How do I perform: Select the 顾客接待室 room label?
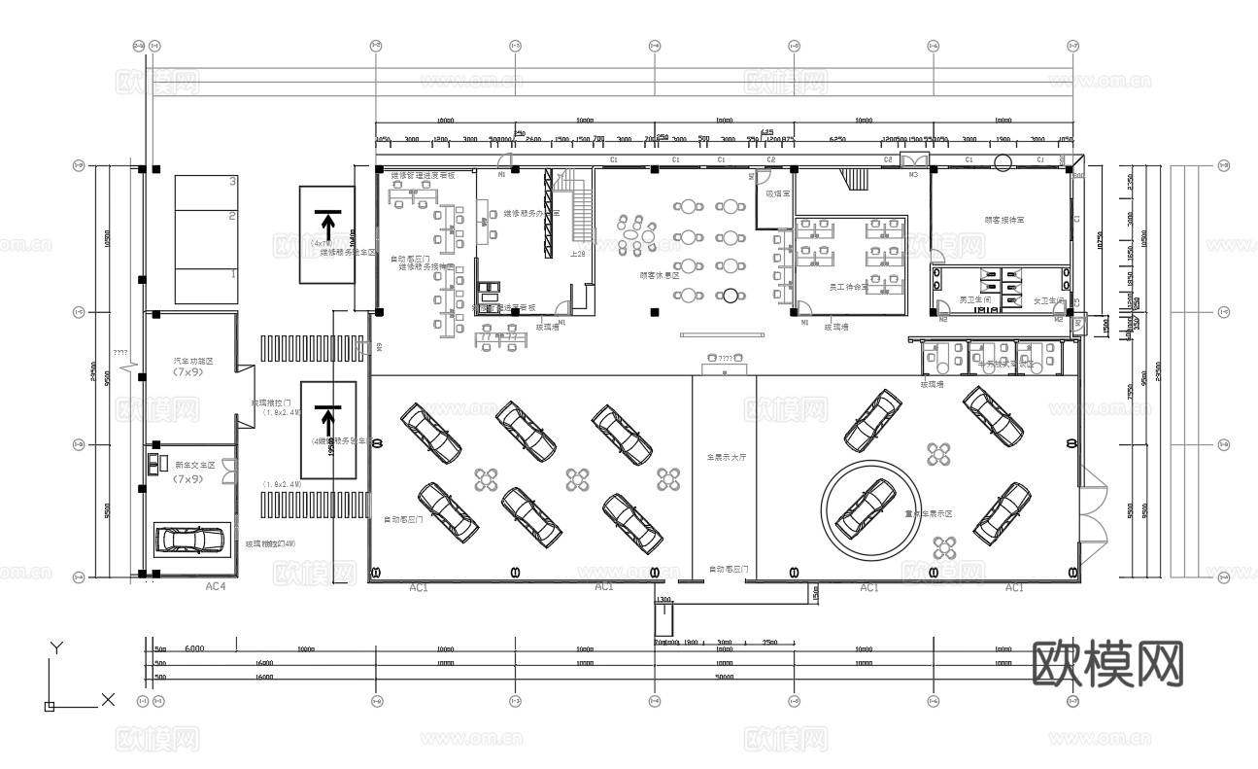pyautogui.click(x=1003, y=221)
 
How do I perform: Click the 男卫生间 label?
pyautogui.click(x=974, y=299)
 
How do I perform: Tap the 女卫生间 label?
pyautogui.click(x=1049, y=299)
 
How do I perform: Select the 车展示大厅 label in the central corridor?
pyautogui.click(x=725, y=455)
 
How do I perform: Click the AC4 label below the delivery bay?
pyautogui.click(x=216, y=587)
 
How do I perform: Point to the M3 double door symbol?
pyautogui.click(x=913, y=161)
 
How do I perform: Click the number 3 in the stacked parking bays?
pyautogui.click(x=232, y=182)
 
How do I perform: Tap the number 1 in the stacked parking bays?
pyautogui.click(x=232, y=275)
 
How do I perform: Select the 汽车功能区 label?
pyautogui.click(x=192, y=361)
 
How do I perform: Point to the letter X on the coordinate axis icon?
pyautogui.click(x=108, y=699)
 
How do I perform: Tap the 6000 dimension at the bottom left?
pyautogui.click(x=194, y=648)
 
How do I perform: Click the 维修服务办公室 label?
pyautogui.click(x=530, y=213)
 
